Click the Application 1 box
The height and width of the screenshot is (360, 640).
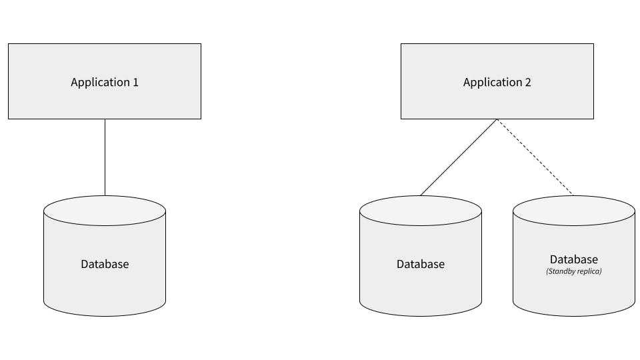(x=105, y=100)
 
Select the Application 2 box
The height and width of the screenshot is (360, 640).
(x=497, y=100)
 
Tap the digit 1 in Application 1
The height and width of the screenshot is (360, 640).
(x=135, y=83)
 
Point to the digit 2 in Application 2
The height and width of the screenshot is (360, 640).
(x=527, y=83)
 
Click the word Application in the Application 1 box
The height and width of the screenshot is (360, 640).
(x=100, y=83)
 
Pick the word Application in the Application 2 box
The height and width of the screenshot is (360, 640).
(x=492, y=83)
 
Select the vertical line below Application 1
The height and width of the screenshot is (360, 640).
(x=105, y=157)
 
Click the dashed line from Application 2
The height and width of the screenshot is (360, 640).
(x=535, y=157)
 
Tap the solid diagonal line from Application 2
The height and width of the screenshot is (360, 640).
(x=459, y=157)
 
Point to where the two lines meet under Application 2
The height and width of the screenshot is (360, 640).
(x=497, y=120)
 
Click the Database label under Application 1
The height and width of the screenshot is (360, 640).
(x=105, y=264)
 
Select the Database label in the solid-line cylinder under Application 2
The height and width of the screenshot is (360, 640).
(x=421, y=264)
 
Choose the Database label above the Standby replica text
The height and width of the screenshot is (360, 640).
(x=574, y=259)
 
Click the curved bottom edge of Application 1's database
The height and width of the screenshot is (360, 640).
(x=105, y=315)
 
